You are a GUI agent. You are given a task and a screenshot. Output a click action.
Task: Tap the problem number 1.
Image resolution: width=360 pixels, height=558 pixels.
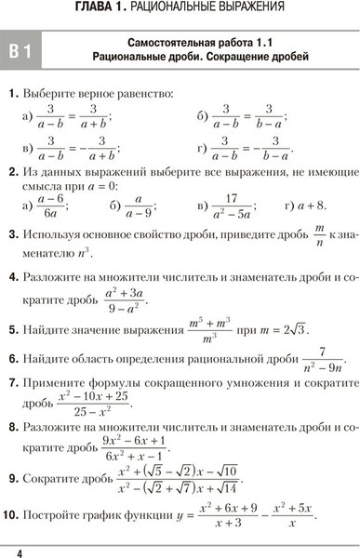point(10,95)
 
